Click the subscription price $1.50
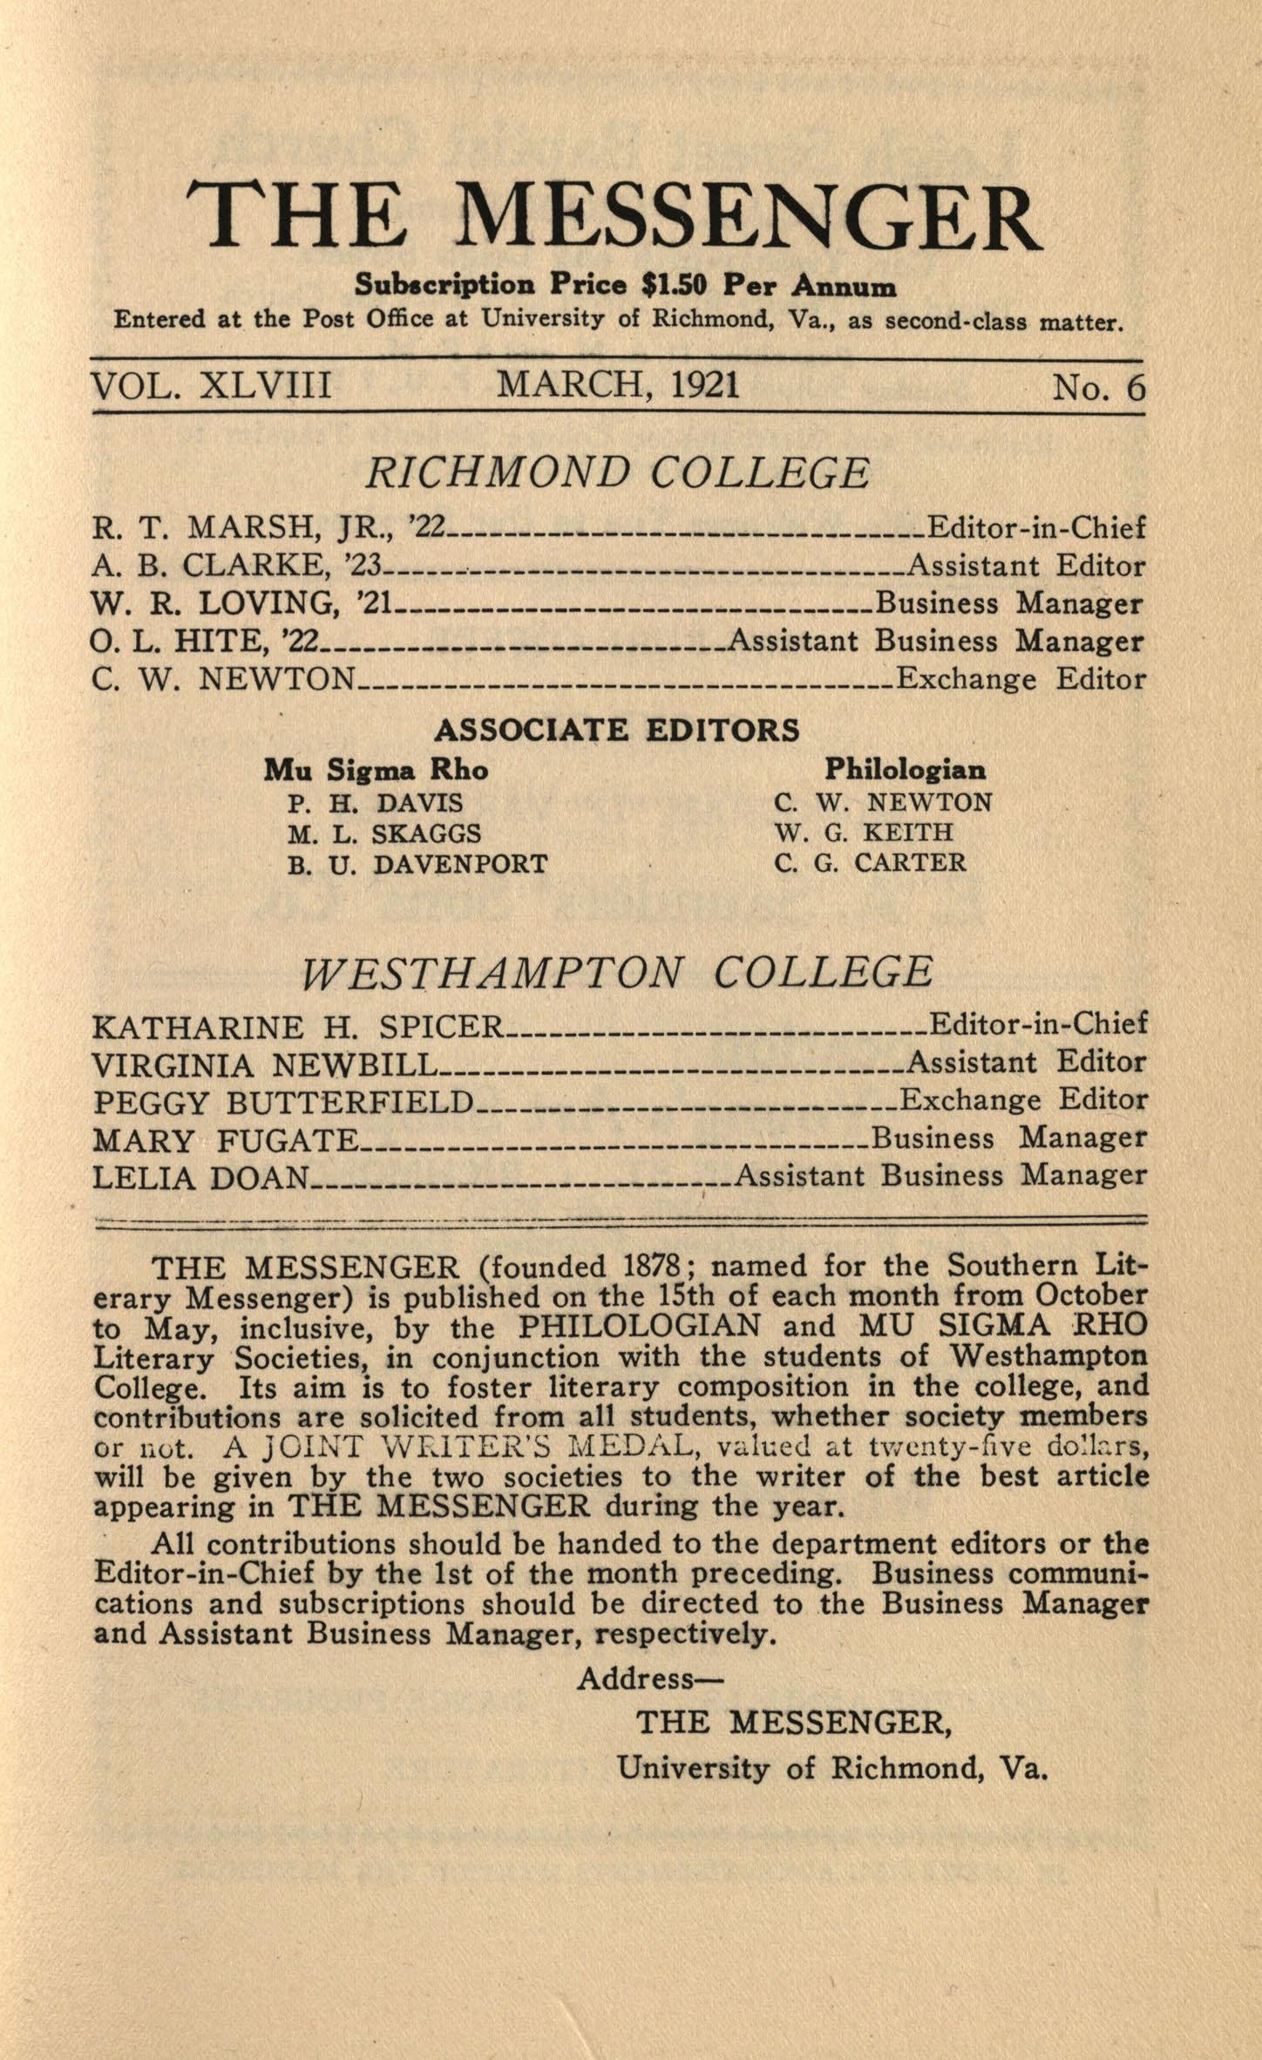[x=672, y=285]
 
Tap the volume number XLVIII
[x=266, y=385]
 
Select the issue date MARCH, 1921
[x=618, y=384]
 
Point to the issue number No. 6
[x=1098, y=387]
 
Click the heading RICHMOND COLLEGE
[x=617, y=473]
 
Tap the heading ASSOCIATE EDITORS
[x=617, y=730]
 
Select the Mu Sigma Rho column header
[x=376, y=770]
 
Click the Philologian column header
[x=906, y=769]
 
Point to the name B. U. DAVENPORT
[x=417, y=864]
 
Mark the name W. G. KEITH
[x=864, y=833]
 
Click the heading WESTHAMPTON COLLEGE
[x=617, y=972]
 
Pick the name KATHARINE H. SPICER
[x=298, y=1027]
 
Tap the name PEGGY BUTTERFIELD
[x=283, y=1103]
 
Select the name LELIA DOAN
[x=201, y=1178]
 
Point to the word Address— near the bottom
[x=649, y=1678]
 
